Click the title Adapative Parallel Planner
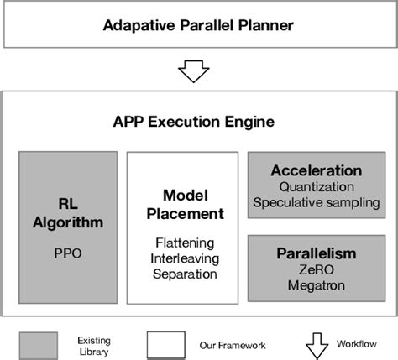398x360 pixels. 198,25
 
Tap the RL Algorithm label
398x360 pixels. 69,212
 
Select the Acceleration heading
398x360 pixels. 316,171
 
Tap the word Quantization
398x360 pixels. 316,187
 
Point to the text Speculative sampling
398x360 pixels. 316,202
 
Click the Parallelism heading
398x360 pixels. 317,253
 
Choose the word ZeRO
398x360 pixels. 317,269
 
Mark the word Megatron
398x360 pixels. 317,284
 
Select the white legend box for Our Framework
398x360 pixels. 166,343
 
